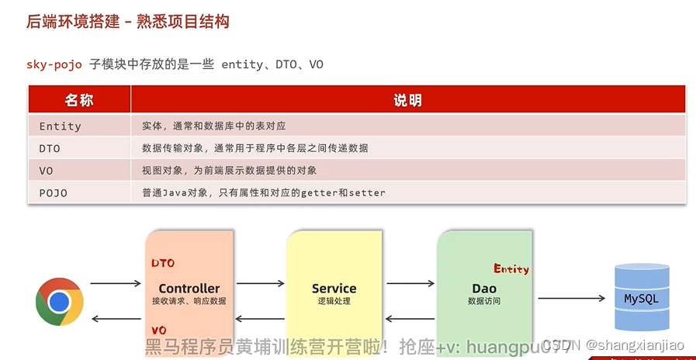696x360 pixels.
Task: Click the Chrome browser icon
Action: (x=60, y=301)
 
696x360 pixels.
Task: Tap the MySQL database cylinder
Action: (x=642, y=297)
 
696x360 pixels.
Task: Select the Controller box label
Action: (x=189, y=289)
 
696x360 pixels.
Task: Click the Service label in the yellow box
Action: (x=334, y=289)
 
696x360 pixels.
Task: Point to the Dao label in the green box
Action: (x=483, y=289)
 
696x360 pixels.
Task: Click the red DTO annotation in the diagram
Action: (x=163, y=263)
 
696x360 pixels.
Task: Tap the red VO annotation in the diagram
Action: (x=159, y=330)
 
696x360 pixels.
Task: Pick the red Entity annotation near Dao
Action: (x=511, y=269)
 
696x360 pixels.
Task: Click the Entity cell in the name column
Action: (x=60, y=126)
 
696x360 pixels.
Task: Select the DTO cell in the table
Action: (x=50, y=148)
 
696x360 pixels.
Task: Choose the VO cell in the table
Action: (x=46, y=170)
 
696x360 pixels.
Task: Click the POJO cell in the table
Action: (x=53, y=192)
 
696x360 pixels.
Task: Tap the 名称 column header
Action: (x=78, y=100)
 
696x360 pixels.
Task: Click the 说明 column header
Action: (x=407, y=100)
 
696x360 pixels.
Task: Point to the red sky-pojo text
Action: (x=54, y=64)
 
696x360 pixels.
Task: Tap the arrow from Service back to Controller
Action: (x=261, y=318)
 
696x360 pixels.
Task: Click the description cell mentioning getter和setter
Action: (x=264, y=192)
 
